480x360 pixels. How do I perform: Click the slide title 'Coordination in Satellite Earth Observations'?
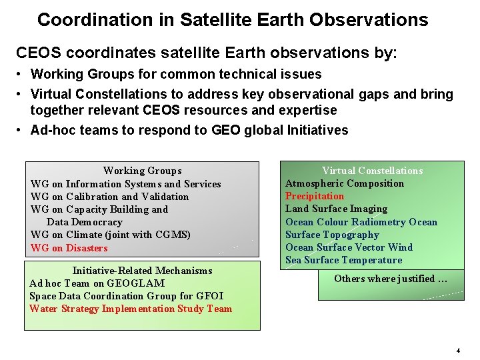233,20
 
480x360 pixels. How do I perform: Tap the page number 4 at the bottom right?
458,350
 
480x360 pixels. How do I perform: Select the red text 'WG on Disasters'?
69,248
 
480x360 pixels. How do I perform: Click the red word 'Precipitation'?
315,196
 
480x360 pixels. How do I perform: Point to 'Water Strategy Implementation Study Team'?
131,309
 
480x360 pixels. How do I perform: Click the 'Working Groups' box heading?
142,171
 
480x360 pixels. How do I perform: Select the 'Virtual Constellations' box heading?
372,171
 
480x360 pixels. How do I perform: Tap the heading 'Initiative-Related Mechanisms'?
142,271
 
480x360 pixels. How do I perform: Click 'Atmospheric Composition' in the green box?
345,183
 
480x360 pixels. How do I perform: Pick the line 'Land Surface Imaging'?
336,209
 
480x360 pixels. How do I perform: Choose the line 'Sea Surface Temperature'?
343,260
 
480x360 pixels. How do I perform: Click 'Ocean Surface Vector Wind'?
349,247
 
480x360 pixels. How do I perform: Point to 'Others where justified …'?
390,279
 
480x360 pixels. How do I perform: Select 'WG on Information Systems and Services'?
125,184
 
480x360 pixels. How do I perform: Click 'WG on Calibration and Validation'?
109,197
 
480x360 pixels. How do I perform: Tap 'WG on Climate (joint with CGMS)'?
110,235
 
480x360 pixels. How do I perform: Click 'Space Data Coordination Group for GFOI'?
126,296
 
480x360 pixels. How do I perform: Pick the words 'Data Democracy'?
84,222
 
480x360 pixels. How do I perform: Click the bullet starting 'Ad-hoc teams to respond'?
189,130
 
